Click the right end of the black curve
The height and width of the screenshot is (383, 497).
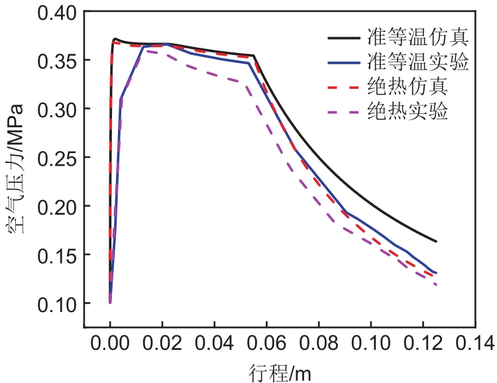click(436, 241)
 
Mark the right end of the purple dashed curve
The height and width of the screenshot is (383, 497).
click(436, 284)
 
